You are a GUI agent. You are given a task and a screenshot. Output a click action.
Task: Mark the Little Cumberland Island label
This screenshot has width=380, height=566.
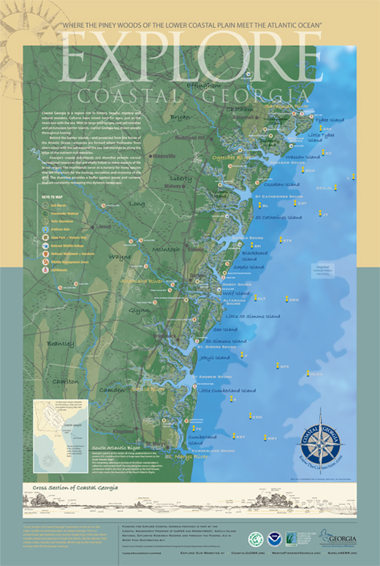(227, 390)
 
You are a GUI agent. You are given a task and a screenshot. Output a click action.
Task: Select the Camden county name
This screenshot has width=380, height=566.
(111, 390)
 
